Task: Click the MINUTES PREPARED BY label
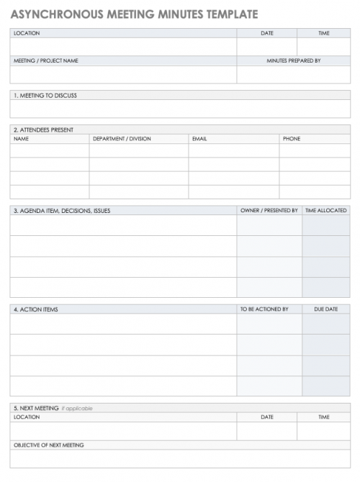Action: (x=293, y=61)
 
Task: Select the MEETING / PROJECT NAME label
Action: (x=46, y=61)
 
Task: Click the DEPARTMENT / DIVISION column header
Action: (x=122, y=139)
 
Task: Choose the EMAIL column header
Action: (x=199, y=139)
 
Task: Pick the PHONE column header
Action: (x=291, y=139)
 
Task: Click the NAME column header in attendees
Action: (x=21, y=139)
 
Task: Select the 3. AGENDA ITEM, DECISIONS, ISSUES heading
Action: (x=62, y=211)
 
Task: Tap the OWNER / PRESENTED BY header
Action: (x=269, y=211)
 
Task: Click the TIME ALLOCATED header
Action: (x=325, y=211)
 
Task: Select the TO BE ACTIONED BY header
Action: (x=264, y=309)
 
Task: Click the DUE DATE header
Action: (x=325, y=309)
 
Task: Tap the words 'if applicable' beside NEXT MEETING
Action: (x=77, y=409)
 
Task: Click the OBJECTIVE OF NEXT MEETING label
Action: (x=49, y=445)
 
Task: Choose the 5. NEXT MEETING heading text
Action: (x=36, y=409)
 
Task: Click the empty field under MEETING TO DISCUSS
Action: (x=180, y=109)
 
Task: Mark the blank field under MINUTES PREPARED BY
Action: (x=293, y=75)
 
